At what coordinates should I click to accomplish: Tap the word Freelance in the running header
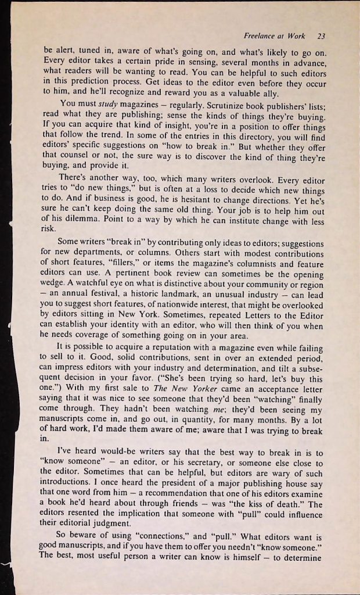click(x=260, y=34)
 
